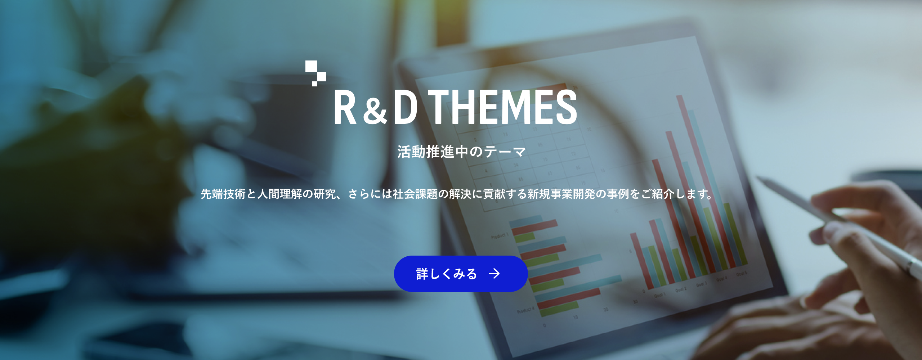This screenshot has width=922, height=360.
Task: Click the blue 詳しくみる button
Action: click(461, 274)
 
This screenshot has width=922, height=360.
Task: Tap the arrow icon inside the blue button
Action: click(494, 274)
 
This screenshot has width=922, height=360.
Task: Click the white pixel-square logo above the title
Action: click(315, 73)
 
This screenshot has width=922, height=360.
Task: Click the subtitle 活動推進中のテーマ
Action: click(461, 152)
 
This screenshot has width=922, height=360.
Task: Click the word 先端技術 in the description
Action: click(223, 194)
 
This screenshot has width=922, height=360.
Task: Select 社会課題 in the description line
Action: click(415, 194)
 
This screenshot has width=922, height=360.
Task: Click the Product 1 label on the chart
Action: click(500, 236)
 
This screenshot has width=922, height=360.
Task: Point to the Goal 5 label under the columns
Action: click(741, 274)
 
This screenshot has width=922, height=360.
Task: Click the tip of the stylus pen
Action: click(758, 178)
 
